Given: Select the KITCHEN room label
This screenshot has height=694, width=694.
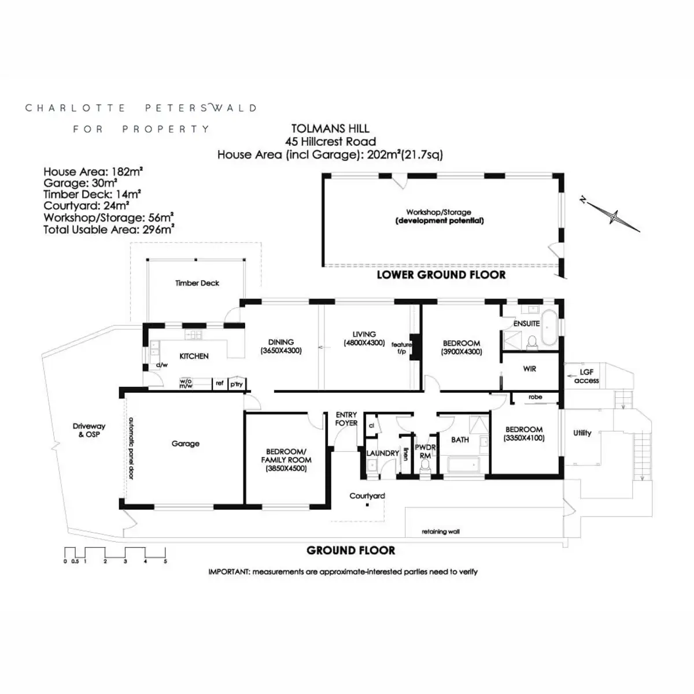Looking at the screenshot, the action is coord(194,356).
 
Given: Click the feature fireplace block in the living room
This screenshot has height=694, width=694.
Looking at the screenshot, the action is coord(416,347).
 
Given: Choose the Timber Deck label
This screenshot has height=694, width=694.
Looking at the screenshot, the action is coord(197,283).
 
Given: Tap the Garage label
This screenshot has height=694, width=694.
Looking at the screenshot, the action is coord(186,444).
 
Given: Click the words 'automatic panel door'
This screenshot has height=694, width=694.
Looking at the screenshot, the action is coord(131,448).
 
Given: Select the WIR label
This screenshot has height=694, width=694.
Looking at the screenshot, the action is coord(529,369).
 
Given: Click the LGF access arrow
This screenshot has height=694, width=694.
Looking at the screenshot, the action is coord(573,376).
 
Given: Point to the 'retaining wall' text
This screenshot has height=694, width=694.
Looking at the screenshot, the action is coord(441,531).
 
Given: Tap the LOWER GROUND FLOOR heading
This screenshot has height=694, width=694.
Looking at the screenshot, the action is coord(441,275).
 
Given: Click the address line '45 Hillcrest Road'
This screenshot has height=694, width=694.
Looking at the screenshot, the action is coord(330,142).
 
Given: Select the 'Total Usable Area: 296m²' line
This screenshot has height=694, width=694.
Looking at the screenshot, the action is coord(109,230).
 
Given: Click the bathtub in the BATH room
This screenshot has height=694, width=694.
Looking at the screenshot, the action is coord(463,464).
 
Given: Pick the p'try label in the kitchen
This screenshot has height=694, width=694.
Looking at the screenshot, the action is coord(237,384).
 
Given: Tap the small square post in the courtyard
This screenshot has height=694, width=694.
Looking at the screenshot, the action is coord(367,505).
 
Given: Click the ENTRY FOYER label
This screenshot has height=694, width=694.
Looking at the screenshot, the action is coord(346,419).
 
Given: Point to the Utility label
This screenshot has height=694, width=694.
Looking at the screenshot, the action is coord(582,433).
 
